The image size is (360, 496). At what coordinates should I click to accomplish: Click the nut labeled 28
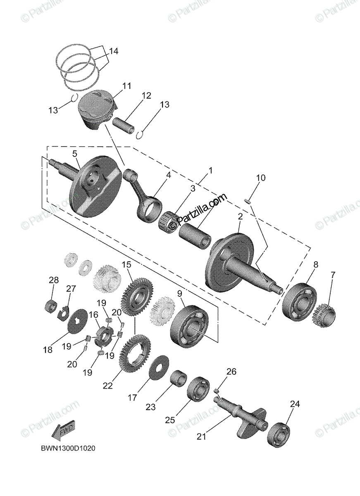click(50, 306)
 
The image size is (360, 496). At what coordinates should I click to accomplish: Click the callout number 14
click(114, 51)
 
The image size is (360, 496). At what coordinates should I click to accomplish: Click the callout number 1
click(211, 170)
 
